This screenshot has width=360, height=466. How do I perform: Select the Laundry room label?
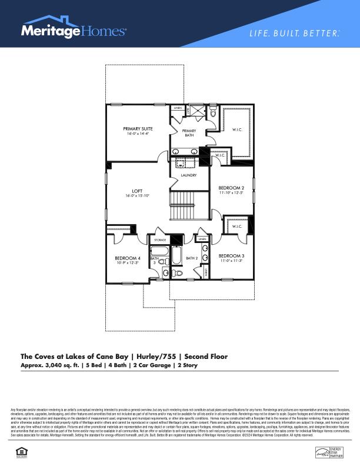[x=188, y=175]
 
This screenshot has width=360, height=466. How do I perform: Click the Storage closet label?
[x=160, y=240]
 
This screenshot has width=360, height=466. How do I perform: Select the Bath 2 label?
[x=191, y=258]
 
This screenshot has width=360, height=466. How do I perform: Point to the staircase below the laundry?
[x=189, y=206]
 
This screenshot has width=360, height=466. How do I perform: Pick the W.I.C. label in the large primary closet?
[x=237, y=129]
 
